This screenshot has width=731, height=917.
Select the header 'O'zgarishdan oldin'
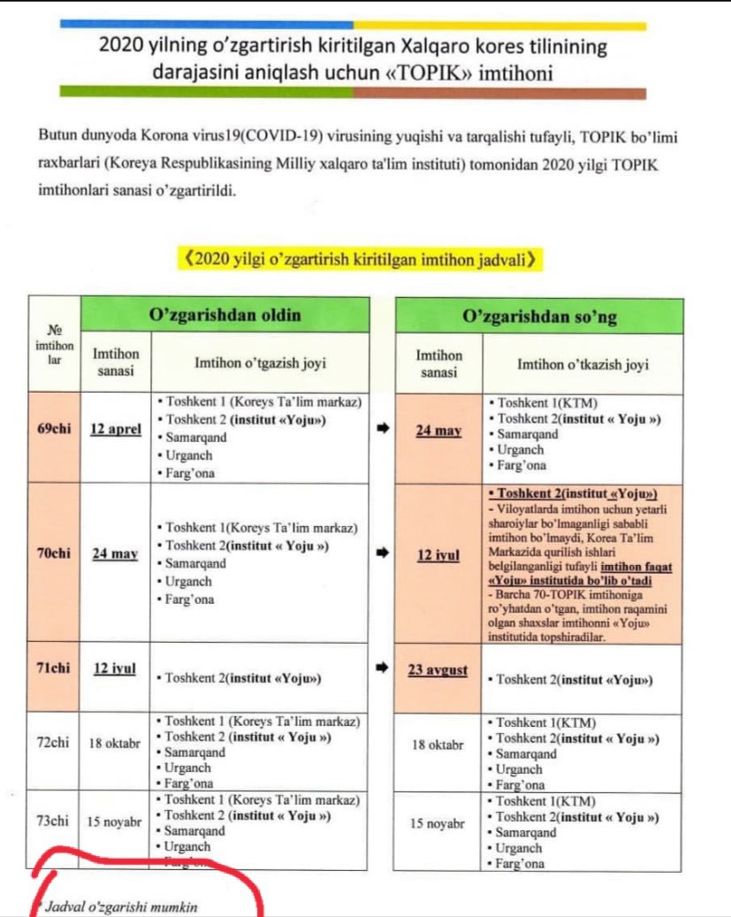pyautogui.click(x=225, y=315)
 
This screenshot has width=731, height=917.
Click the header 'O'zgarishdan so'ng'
pyautogui.click(x=539, y=316)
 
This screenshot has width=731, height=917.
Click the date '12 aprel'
pyautogui.click(x=116, y=431)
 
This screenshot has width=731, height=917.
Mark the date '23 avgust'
pyautogui.click(x=438, y=670)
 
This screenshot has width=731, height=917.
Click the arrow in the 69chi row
pyautogui.click(x=383, y=429)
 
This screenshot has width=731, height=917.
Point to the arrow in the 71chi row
pyautogui.click(x=383, y=669)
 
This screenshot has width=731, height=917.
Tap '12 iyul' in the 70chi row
pyautogui.click(x=438, y=555)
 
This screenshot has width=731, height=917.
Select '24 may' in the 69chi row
pyautogui.click(x=438, y=432)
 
